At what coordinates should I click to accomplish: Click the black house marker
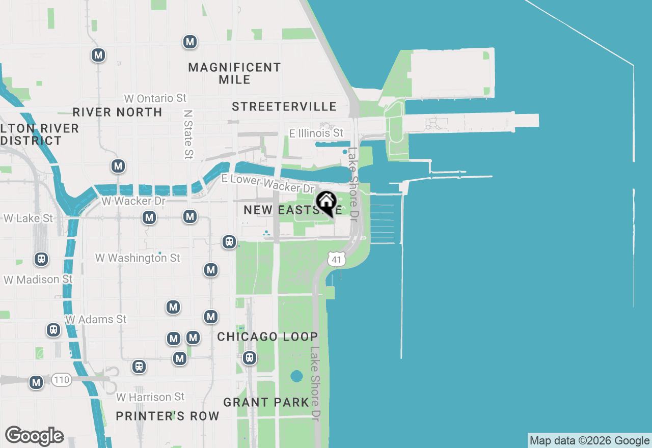click(x=326, y=203)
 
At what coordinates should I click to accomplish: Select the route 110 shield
click(x=62, y=380)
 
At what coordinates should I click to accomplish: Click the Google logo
click(x=34, y=436)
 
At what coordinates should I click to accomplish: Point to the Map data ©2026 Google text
click(x=589, y=441)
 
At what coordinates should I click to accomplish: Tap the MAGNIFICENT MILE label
click(x=234, y=73)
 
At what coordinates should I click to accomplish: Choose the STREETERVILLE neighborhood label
click(x=284, y=106)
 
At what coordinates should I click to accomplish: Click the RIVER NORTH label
click(x=117, y=112)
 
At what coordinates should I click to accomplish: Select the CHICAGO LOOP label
click(x=267, y=337)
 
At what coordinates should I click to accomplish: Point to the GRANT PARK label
click(x=266, y=402)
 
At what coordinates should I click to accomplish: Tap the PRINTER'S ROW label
click(x=168, y=416)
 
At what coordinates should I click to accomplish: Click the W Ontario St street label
click(x=156, y=98)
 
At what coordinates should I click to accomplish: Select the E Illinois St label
click(x=316, y=133)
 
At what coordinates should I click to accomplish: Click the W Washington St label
click(x=138, y=258)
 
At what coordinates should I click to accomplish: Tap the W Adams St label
click(x=96, y=319)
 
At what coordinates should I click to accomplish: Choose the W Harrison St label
click(x=150, y=397)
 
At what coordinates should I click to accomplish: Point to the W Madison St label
click(x=38, y=279)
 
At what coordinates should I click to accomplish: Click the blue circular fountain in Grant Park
click(x=296, y=377)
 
